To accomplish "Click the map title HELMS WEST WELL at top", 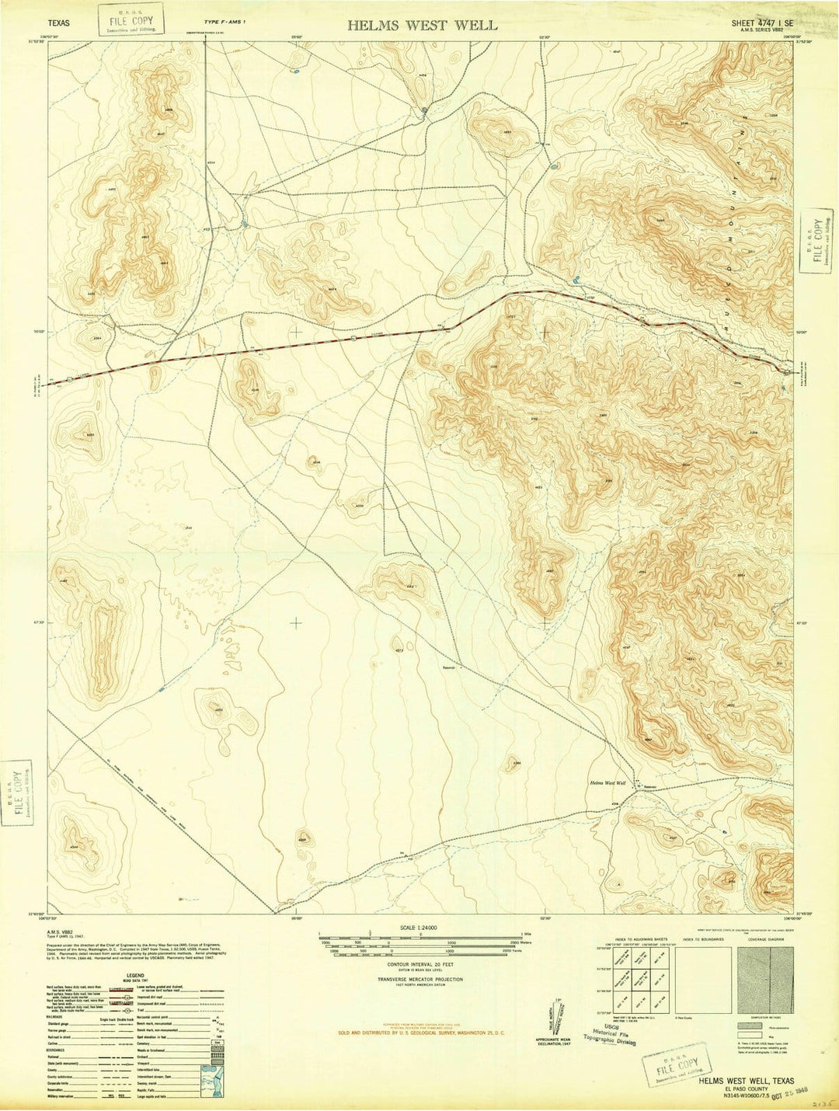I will tap(422, 25).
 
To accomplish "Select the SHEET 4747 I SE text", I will tap(762, 23).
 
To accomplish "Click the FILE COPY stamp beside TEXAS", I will tap(132, 19).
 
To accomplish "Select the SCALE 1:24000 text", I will tap(421, 928).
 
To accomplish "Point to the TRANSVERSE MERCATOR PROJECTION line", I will tap(419, 980).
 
